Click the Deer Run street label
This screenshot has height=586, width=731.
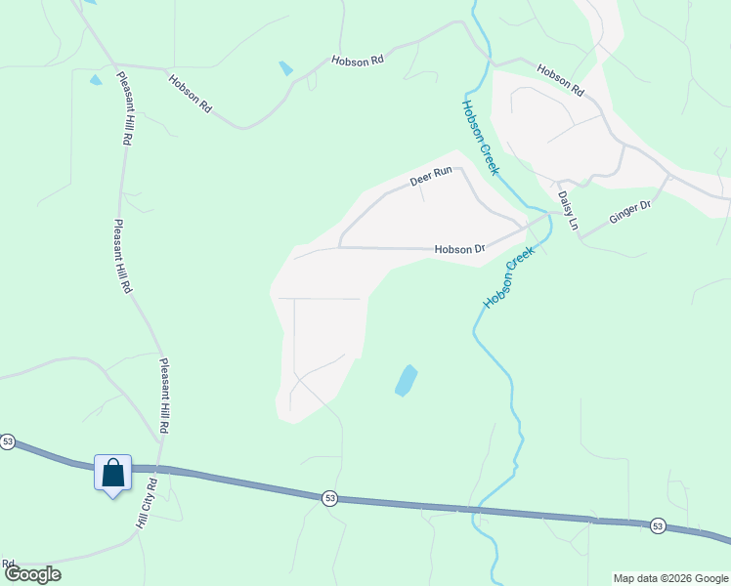(431, 177)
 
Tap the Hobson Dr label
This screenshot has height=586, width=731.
(459, 250)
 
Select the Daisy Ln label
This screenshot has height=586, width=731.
(568, 210)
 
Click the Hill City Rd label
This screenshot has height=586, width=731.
(146, 505)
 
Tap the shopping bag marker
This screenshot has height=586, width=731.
(112, 474)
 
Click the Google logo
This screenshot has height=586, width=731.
(32, 574)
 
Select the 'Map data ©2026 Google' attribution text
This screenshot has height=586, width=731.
(670, 578)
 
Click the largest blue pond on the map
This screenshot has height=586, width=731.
(406, 380)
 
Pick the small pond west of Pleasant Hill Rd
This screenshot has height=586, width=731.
(95, 79)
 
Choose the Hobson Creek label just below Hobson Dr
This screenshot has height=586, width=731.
(509, 276)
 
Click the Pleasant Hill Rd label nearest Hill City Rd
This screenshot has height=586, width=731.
(165, 396)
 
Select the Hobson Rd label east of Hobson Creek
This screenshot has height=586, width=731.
(560, 79)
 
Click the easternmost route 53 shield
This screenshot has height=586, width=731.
(657, 525)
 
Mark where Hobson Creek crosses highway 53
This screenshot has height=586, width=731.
(477, 509)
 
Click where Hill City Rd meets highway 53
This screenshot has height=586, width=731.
(153, 470)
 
